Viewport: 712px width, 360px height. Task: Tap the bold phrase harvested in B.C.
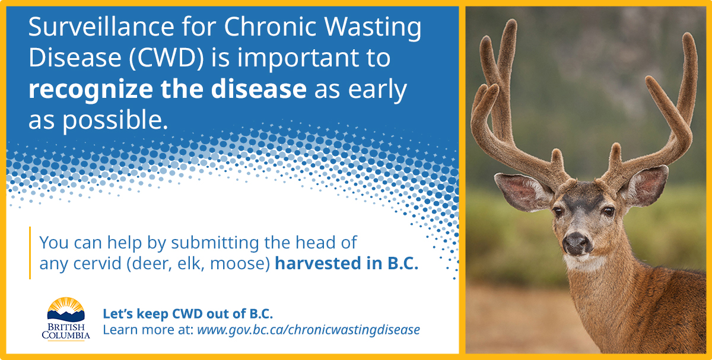coord(347,264)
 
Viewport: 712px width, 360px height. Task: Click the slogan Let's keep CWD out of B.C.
coord(188,314)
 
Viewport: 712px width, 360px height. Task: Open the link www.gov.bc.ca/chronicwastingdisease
coord(308,330)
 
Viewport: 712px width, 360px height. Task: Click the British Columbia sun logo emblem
coord(66,308)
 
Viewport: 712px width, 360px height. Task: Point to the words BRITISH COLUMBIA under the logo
coord(66,332)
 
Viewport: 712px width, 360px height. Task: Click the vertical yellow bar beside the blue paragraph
coord(30,253)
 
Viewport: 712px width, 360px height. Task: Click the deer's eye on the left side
coord(558,211)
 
